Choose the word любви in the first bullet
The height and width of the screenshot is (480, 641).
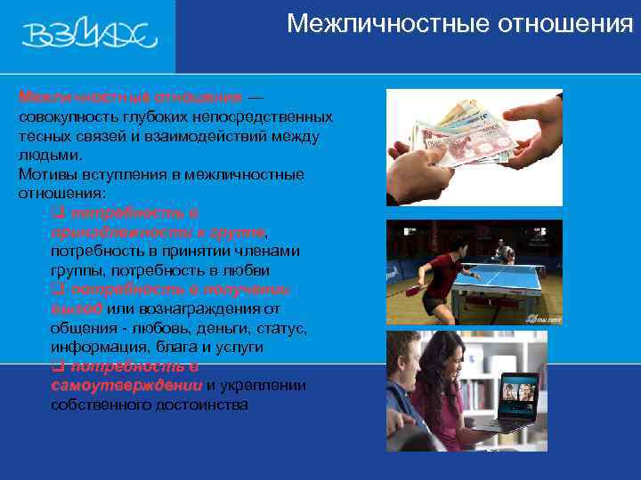(x=245, y=270)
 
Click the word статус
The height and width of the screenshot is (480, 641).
(x=281, y=328)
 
